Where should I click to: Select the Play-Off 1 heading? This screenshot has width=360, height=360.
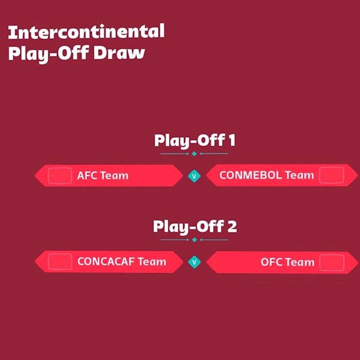(194, 141)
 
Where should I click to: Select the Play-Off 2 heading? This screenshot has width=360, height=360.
(194, 227)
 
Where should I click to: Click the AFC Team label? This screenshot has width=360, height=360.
(102, 176)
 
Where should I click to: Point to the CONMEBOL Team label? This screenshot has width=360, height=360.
(266, 176)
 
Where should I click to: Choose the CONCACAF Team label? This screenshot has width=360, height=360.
(122, 261)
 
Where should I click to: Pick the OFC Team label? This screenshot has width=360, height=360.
(287, 262)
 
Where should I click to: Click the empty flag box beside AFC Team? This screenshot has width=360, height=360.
(60, 176)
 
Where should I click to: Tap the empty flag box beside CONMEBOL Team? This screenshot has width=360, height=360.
(331, 176)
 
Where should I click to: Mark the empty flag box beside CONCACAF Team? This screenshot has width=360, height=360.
(60, 261)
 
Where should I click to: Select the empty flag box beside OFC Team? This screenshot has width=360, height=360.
(331, 262)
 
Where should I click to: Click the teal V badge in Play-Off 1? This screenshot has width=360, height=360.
(194, 176)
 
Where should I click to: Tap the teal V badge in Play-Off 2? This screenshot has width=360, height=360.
(194, 262)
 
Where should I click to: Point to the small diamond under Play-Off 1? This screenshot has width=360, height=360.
(194, 153)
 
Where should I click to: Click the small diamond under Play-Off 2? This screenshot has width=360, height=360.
(194, 240)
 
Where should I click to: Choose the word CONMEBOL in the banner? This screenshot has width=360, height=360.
(250, 176)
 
